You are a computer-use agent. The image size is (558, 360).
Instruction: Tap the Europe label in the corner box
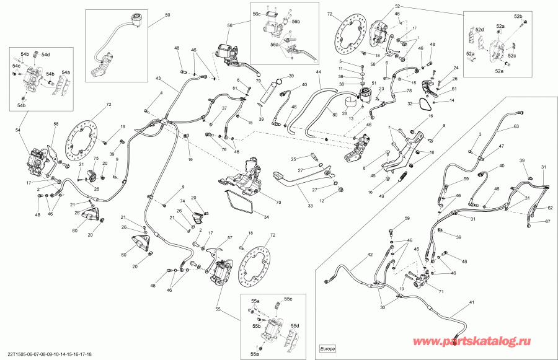(327, 348)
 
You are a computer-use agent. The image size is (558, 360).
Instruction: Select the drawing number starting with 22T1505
(46, 354)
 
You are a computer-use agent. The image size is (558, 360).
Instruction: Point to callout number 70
(278, 202)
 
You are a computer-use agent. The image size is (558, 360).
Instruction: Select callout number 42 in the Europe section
(370, 255)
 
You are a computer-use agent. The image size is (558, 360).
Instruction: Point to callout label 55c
(288, 299)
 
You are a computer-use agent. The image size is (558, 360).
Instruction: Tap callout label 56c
(256, 13)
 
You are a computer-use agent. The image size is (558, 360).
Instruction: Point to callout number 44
(319, 73)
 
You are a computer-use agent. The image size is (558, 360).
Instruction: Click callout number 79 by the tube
(259, 81)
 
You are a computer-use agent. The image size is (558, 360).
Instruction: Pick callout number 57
(229, 237)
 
